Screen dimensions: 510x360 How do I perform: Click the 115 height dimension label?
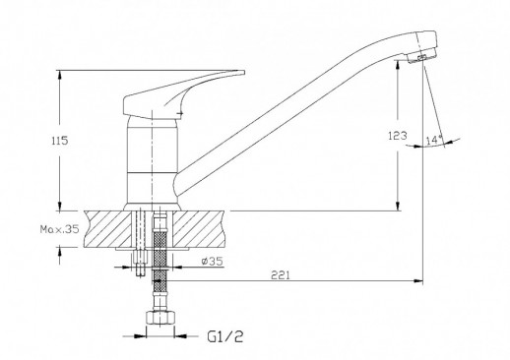tap(60, 141)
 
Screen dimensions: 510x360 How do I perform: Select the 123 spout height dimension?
tap(398, 135)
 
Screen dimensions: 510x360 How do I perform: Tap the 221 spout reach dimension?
tap(281, 274)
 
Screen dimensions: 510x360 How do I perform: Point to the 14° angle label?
tap(434, 140)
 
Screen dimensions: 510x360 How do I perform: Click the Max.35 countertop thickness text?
tap(59, 229)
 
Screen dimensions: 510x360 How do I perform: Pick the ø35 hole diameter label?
tap(213, 262)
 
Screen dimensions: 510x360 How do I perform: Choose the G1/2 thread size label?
tap(225, 336)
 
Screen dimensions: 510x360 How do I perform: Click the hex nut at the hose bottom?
tap(159, 318)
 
